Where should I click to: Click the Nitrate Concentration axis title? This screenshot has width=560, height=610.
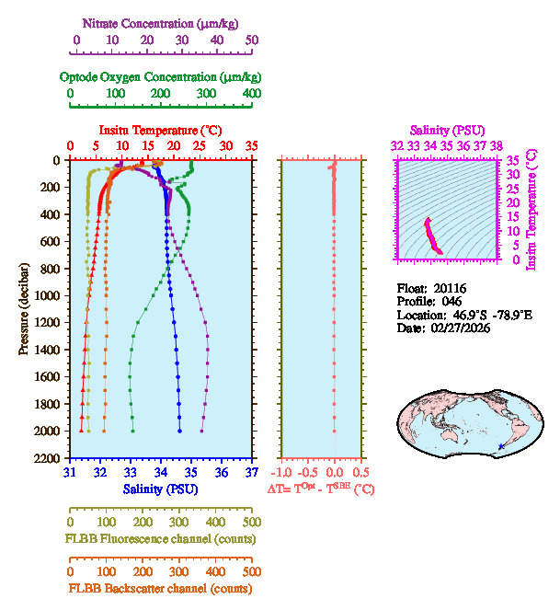pos(160,22)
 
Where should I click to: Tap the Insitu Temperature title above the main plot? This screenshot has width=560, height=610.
pos(160,130)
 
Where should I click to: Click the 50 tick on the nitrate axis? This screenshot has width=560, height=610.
pos(252,40)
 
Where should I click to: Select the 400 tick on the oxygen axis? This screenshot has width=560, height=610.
pos(252,94)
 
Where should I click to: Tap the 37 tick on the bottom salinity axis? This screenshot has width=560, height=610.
pos(252,473)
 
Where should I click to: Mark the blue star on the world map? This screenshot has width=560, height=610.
pos(500,446)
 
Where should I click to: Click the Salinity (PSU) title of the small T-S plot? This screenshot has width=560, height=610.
pos(446,131)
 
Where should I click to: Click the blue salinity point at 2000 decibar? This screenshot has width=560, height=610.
pos(180,431)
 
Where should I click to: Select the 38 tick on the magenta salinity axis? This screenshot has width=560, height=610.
pos(496,145)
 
